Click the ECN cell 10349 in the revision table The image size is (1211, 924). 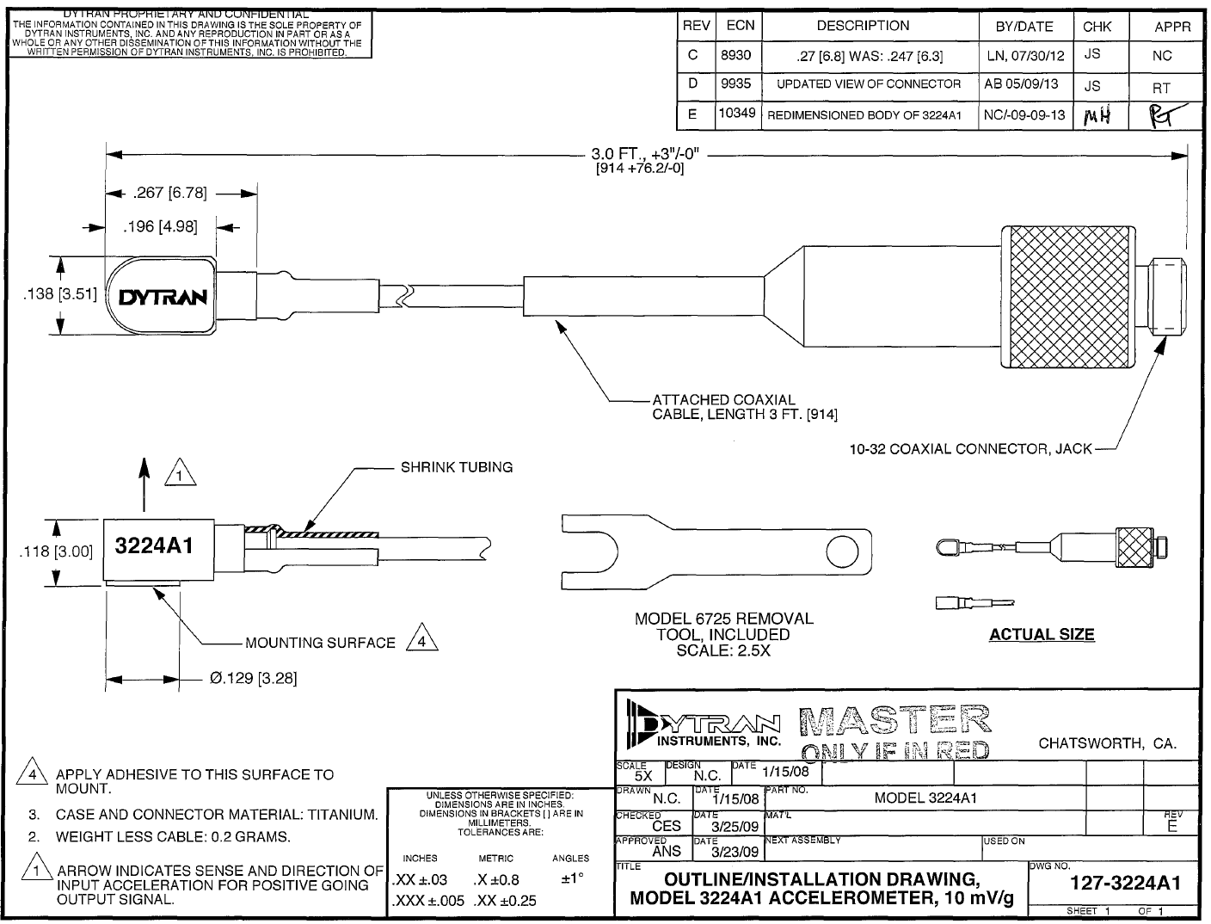[x=737, y=114]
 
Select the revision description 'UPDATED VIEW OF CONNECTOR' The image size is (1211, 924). [x=869, y=84]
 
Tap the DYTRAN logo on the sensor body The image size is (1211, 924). [x=163, y=298]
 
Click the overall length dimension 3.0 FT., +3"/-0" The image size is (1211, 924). [x=649, y=155]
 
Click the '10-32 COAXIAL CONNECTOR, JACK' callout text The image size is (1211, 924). [x=970, y=449]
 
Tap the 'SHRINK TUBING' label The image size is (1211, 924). [x=457, y=467]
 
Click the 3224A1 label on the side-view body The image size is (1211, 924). [x=153, y=546]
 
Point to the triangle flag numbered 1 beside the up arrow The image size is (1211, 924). [x=180, y=474]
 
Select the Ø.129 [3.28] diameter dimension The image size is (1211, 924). [x=253, y=678]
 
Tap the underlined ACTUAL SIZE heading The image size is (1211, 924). [x=1042, y=635]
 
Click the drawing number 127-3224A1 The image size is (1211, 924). [x=1125, y=884]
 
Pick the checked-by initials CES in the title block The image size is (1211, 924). [x=667, y=826]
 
